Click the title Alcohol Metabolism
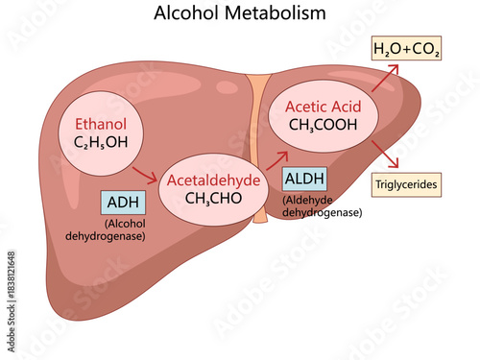(239, 13)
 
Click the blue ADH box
(122, 202)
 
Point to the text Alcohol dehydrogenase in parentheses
(119, 228)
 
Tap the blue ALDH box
(304, 179)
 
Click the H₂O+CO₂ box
(407, 50)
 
